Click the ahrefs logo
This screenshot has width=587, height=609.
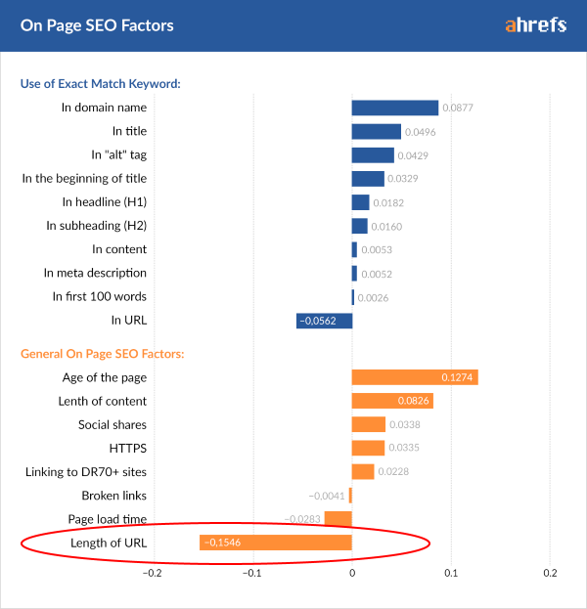(x=535, y=25)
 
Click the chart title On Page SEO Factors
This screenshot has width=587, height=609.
(x=97, y=25)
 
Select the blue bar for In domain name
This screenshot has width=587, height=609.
(x=394, y=108)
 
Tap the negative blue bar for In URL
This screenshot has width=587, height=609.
(x=324, y=320)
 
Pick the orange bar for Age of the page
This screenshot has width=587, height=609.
(x=415, y=377)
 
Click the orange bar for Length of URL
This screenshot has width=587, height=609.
(x=275, y=543)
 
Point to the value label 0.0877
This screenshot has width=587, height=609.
(x=458, y=108)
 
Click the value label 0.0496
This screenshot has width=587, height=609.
(x=421, y=131)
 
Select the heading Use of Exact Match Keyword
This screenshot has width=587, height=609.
(x=103, y=83)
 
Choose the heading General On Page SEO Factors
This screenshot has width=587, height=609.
(x=103, y=353)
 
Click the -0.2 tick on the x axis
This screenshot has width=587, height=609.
(x=153, y=573)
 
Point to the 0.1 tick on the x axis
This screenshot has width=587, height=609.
(x=451, y=573)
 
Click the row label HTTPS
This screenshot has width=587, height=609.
(x=127, y=448)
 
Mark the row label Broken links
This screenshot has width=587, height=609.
(x=113, y=496)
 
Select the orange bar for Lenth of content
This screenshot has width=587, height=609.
(x=392, y=401)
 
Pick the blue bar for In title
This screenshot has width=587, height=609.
(x=376, y=131)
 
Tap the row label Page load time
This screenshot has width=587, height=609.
(x=107, y=519)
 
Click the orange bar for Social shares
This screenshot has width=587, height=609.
(x=368, y=424)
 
